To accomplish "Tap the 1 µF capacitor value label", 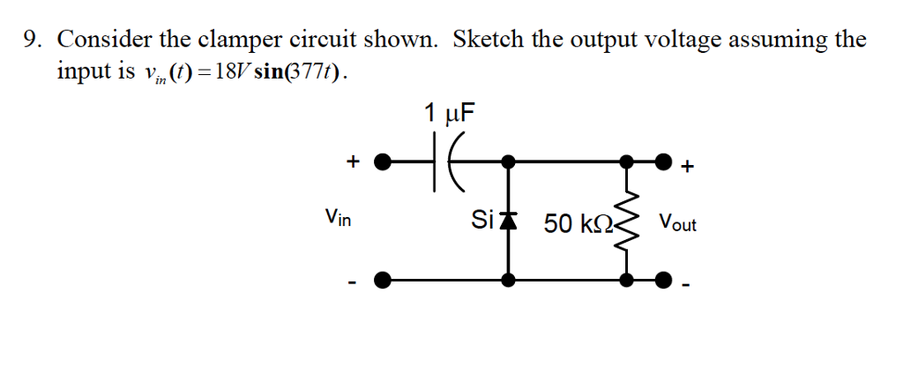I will [449, 113].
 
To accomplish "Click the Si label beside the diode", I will [482, 220].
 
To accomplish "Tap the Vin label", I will [337, 216].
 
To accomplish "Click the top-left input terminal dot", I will [382, 162].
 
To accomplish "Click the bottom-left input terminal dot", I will [382, 281].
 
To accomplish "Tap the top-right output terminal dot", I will [664, 162].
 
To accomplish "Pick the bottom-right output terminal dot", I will [664, 281].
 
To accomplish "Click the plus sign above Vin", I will [353, 161].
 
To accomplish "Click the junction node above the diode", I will [508, 162].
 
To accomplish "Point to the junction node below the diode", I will [508, 281].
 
